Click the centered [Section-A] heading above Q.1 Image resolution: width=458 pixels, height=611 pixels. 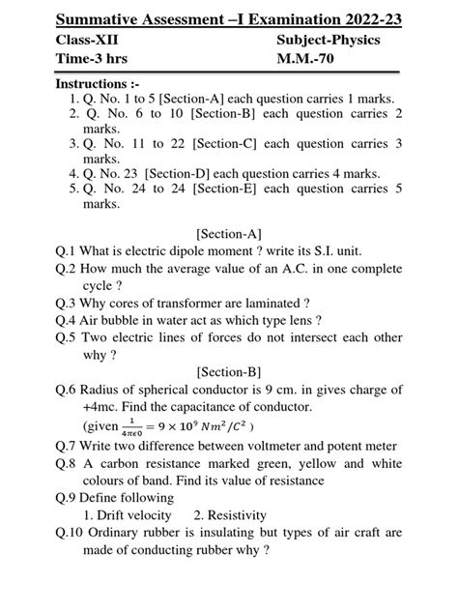(228, 233)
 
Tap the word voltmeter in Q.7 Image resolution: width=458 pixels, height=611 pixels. (255, 446)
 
